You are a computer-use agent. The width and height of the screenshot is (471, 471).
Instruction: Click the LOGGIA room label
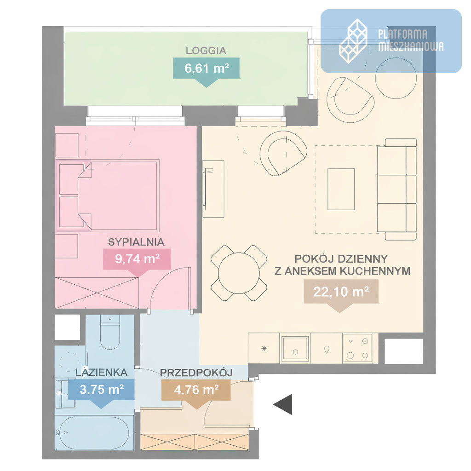(206, 51)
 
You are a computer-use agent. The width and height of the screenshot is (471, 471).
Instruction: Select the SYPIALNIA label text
(136, 242)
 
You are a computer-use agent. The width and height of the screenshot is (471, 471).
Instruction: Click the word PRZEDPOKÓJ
(196, 373)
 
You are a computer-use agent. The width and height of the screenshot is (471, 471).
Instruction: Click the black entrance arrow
(283, 405)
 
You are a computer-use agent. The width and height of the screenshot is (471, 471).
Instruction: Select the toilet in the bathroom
(110, 332)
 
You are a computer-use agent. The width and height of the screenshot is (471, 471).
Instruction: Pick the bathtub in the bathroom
(94, 432)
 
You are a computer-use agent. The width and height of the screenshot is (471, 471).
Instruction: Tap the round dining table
(239, 273)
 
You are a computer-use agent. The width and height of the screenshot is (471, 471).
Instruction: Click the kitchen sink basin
(295, 348)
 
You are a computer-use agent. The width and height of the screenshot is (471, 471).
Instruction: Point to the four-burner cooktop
(357, 349)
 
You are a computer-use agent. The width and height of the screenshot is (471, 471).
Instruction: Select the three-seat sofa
(397, 189)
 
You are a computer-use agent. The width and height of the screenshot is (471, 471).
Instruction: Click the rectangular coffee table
(341, 189)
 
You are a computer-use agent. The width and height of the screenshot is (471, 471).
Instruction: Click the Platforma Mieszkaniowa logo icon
(353, 41)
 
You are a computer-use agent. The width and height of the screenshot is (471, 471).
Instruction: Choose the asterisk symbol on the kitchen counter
(264, 349)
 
